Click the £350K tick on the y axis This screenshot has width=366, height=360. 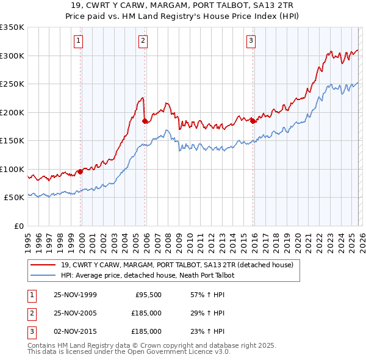click(12, 27)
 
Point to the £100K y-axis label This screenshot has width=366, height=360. click(12, 169)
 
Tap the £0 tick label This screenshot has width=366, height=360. click(18, 226)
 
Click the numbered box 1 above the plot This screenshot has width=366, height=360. click(80, 41)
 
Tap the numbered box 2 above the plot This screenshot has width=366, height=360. click(143, 41)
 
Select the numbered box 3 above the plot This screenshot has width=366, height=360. click(251, 41)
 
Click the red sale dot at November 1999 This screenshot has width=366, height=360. click(80, 171)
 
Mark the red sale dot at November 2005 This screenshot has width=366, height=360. click(145, 121)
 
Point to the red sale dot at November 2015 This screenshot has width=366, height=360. click(252, 121)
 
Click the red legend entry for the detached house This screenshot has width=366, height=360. click(177, 265)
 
